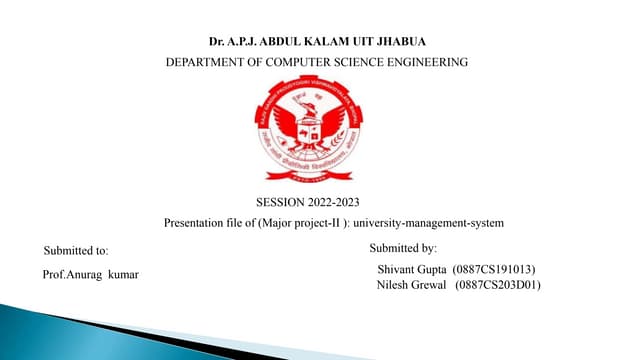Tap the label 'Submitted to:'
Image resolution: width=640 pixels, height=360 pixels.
[x=77, y=249]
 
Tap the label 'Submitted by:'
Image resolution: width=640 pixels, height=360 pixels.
[x=403, y=247]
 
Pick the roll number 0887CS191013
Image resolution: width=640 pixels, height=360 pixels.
[x=494, y=270]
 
